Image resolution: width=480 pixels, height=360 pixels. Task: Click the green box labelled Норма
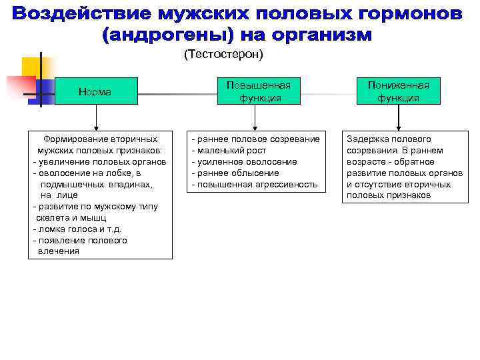pos(95,91)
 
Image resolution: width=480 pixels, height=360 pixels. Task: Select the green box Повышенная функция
pos(259,91)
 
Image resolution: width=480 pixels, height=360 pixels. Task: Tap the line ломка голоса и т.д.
pos(77,229)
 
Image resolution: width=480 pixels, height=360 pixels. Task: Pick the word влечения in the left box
pos(59,251)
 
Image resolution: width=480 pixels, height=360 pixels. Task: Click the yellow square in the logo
pos(32,67)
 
